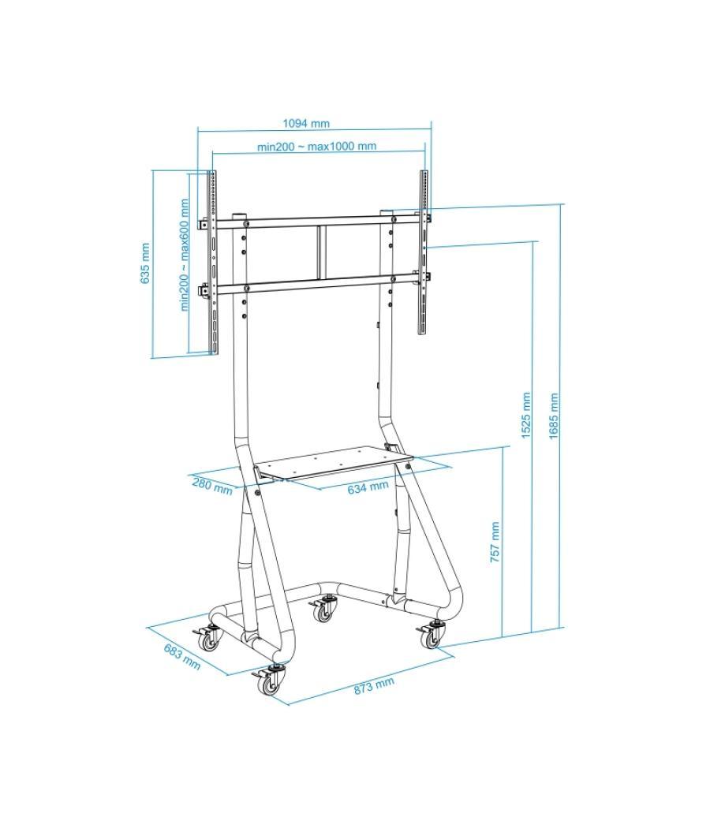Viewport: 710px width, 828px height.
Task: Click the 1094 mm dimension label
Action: pyautogui.click(x=306, y=123)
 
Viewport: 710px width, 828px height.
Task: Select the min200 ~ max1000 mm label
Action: pyautogui.click(x=316, y=146)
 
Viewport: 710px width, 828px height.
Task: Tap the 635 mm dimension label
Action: pyautogui.click(x=145, y=263)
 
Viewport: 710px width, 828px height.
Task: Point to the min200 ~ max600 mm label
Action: pyautogui.click(x=185, y=254)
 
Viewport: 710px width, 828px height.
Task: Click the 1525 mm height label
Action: pyautogui.click(x=526, y=416)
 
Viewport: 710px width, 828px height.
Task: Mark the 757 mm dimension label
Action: pyautogui.click(x=495, y=542)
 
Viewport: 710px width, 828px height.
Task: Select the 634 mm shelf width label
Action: pyautogui.click(x=368, y=487)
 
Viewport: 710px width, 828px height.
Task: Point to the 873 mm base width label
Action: pyautogui.click(x=373, y=685)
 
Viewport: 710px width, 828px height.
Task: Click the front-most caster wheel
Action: pyautogui.click(x=271, y=683)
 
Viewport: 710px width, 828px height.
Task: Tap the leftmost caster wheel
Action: pyautogui.click(x=210, y=640)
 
